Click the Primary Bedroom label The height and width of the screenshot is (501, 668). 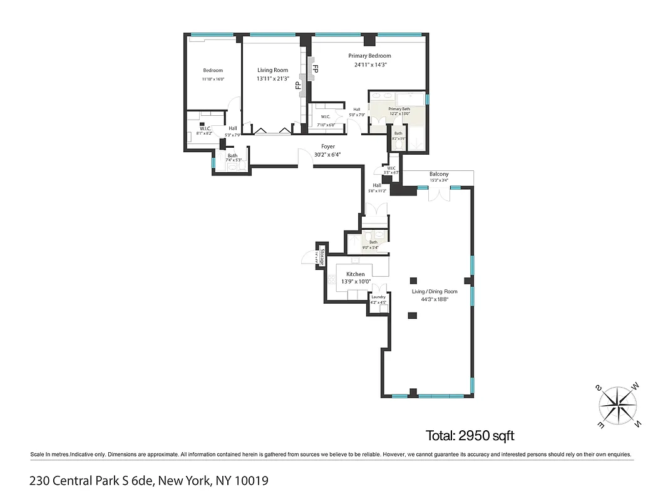[x=369, y=56]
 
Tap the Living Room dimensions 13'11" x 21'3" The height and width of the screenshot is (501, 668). [x=273, y=79]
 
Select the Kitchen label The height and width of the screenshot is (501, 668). [x=356, y=274]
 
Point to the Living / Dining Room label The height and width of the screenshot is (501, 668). [x=434, y=291]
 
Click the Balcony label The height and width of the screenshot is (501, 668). [x=439, y=174]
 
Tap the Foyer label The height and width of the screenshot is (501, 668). [x=321, y=147]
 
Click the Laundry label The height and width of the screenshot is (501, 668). [x=378, y=297]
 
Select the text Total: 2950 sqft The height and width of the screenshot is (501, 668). [x=470, y=435]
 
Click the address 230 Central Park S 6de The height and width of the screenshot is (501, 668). [x=91, y=481]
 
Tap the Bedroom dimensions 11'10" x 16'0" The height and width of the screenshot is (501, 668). [x=213, y=79]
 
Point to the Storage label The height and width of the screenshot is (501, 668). [x=322, y=257]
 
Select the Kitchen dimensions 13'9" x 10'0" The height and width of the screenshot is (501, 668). [x=356, y=282]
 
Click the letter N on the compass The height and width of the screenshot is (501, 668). [x=637, y=423]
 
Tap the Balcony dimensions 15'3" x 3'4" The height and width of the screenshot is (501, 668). [x=439, y=180]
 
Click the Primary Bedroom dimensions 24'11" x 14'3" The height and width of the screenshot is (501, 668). [x=370, y=64]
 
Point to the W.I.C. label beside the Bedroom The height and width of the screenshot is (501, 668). [x=205, y=128]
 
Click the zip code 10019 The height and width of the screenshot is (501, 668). [x=252, y=481]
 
